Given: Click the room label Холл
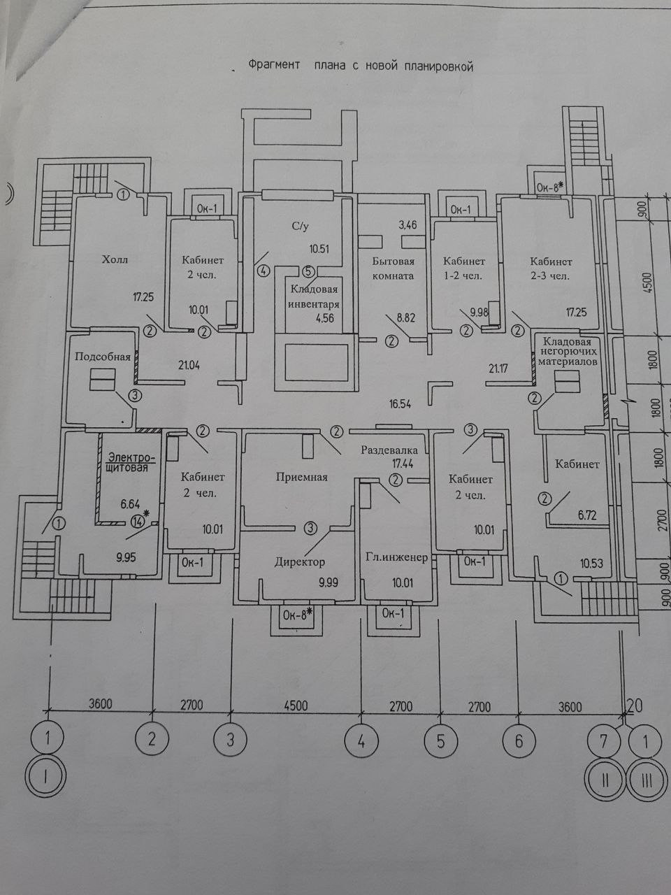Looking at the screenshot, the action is pyautogui.click(x=115, y=259).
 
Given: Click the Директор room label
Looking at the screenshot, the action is pyautogui.click(x=299, y=561).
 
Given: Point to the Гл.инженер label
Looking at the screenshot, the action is pyautogui.click(x=396, y=558).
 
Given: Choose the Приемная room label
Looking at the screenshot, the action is pyautogui.click(x=301, y=478).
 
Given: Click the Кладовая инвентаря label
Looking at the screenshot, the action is pyautogui.click(x=315, y=296).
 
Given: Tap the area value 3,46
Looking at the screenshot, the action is pyautogui.click(x=407, y=225).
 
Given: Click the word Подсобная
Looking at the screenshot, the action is pyautogui.click(x=103, y=357).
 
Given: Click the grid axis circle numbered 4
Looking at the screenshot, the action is pyautogui.click(x=362, y=740).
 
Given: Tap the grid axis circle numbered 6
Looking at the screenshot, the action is pyautogui.click(x=518, y=740).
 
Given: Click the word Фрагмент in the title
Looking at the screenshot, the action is pyautogui.click(x=274, y=66).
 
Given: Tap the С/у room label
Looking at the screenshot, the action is pyautogui.click(x=301, y=227).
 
